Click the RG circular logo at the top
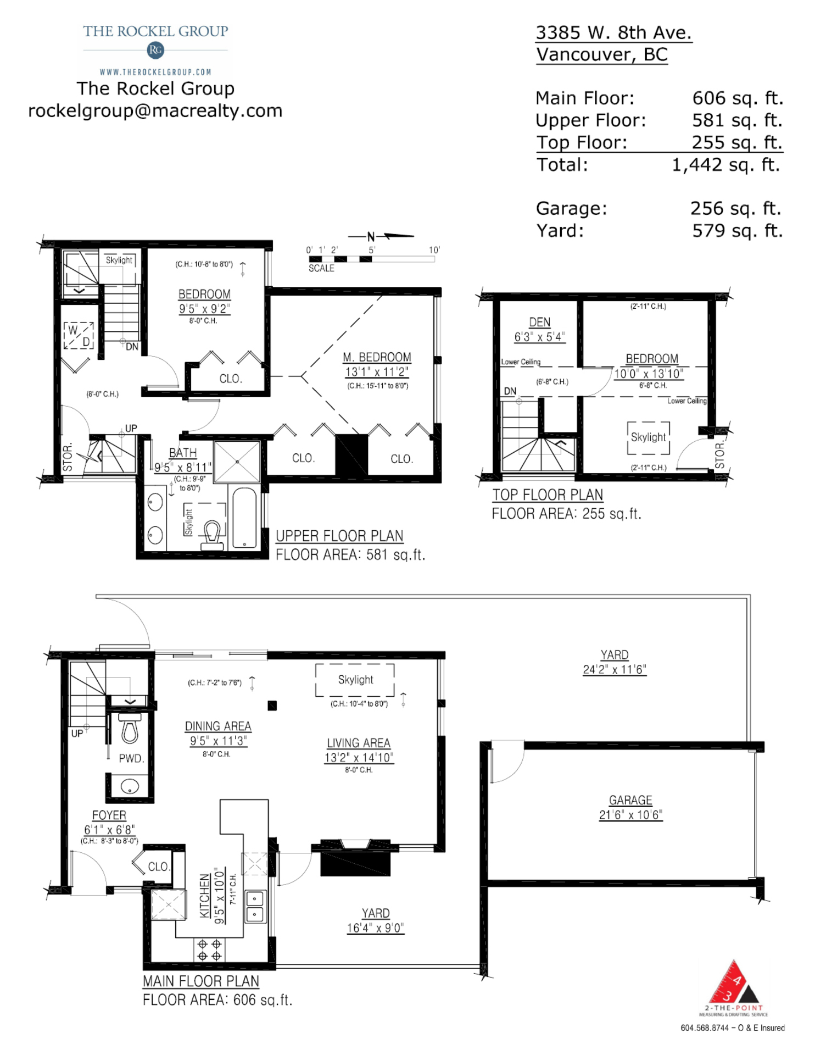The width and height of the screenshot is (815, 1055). (155, 51)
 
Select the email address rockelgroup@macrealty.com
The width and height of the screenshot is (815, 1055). (155, 110)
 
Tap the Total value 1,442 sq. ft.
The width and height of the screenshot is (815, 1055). (726, 165)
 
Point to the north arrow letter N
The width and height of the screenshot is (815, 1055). (371, 237)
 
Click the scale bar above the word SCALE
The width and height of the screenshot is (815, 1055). (372, 259)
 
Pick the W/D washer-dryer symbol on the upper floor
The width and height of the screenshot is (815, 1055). (79, 335)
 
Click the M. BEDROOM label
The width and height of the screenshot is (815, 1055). (377, 357)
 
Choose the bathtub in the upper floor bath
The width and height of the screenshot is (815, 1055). (244, 518)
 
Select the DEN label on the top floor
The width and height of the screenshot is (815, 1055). (539, 322)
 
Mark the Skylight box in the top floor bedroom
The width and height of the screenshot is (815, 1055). (649, 437)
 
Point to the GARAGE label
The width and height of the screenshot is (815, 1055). (630, 800)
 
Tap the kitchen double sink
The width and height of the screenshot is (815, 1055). (255, 907)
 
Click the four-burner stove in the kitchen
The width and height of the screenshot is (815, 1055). (209, 950)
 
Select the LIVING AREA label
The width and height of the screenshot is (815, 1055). (359, 743)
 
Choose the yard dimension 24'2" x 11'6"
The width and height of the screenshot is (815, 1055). (615, 669)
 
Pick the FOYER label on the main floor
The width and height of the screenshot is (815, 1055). (109, 815)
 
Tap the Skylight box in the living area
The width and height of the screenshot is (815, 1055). (355, 680)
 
